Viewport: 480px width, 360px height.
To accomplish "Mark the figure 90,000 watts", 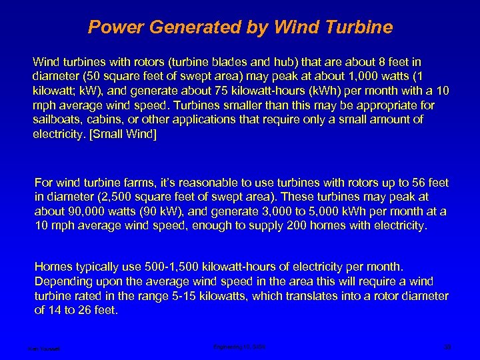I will point(85,211).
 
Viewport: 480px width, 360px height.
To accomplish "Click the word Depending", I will point(64,281).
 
